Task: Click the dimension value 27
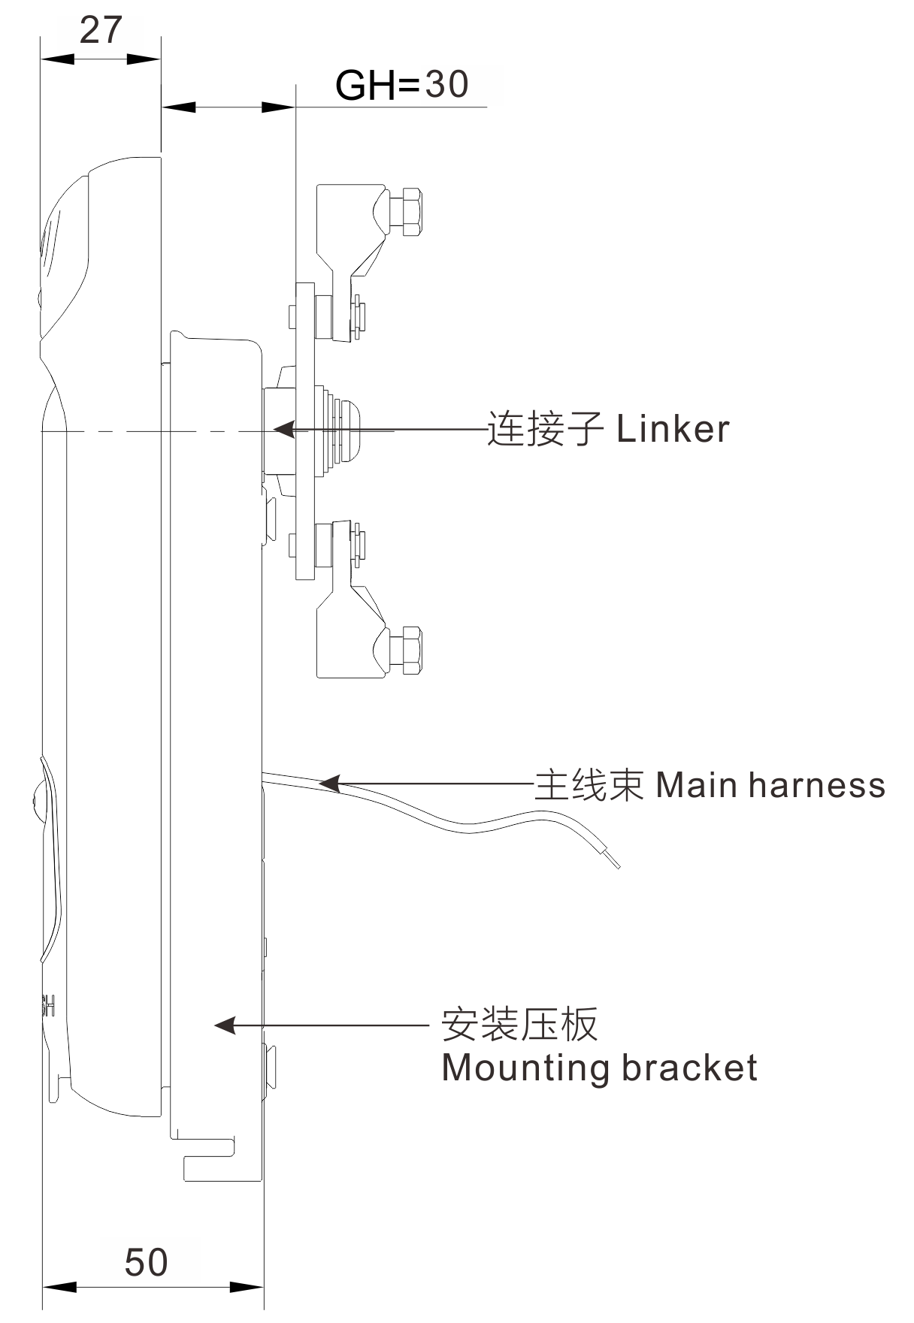pos(100,31)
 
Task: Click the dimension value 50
pos(146,1263)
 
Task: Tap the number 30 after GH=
pos(447,84)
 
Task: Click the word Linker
pos(673,429)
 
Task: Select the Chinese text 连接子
pos(545,429)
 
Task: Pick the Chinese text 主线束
pos(589,785)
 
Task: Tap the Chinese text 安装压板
pos(519,1025)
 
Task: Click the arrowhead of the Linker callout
pos(283,429)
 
